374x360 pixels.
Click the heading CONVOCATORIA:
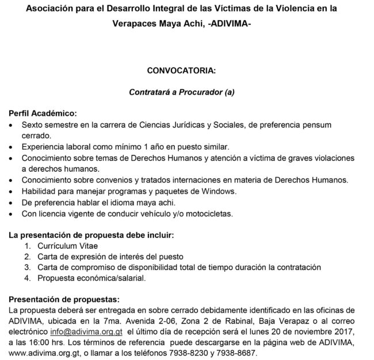point(181,71)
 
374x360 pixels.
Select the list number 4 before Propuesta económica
point(26,278)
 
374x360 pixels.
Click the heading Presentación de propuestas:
point(64,300)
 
